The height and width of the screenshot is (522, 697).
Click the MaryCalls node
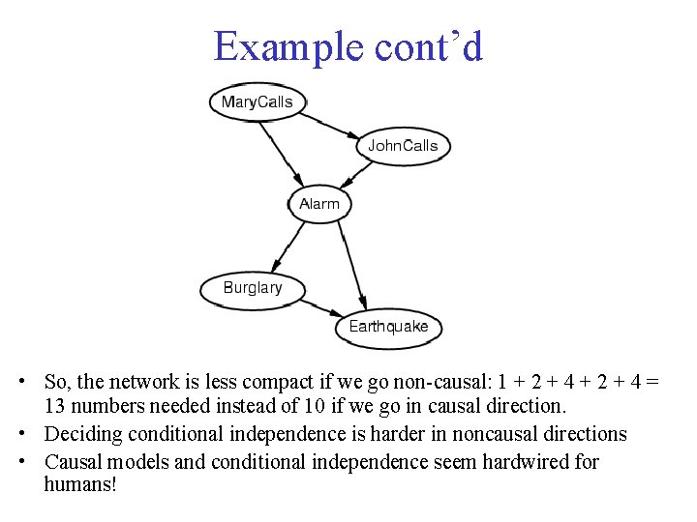tap(257, 101)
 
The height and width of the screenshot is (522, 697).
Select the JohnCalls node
tap(402, 146)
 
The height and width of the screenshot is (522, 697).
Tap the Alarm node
tap(318, 204)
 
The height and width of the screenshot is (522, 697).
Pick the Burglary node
tap(252, 287)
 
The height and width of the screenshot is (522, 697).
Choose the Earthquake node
tap(388, 327)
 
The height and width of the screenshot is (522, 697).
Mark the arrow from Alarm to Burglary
tap(288, 245)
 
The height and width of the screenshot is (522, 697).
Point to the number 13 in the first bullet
tap(56, 406)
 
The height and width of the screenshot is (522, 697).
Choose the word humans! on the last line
tap(80, 483)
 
